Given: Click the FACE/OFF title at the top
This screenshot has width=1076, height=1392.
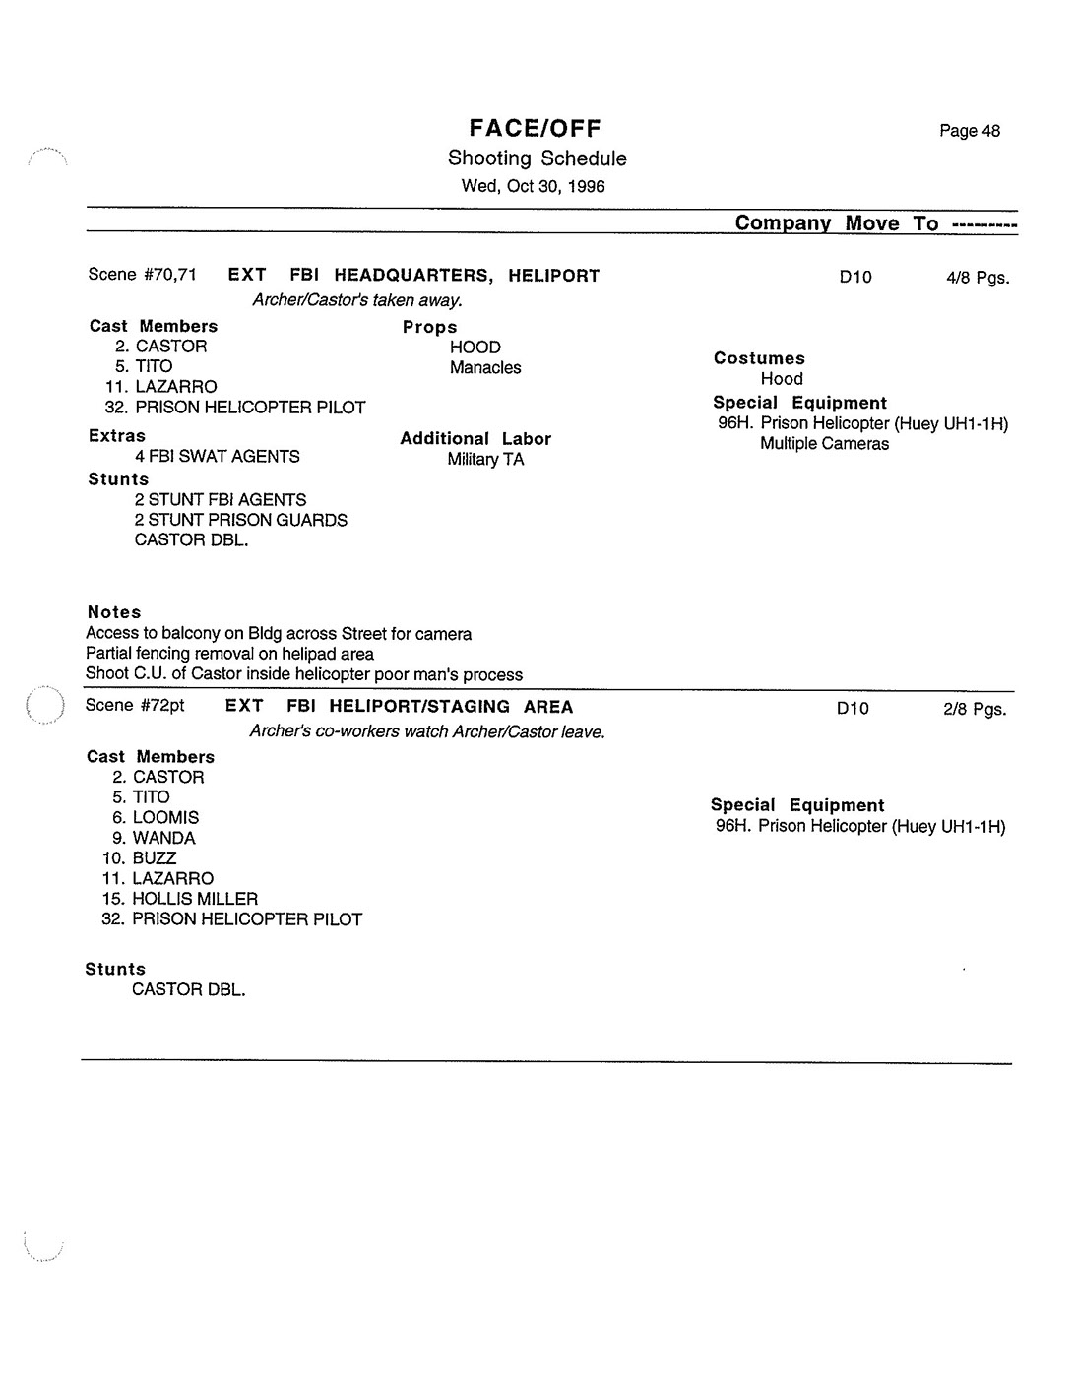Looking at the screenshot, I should pos(535,128).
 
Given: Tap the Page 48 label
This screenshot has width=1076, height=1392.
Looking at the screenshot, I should pos(969,131).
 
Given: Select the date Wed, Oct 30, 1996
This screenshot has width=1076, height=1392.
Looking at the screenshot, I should pos(533,186).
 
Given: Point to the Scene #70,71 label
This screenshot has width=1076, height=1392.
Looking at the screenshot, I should pos(142,275).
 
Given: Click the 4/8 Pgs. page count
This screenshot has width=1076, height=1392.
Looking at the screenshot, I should pos(977,278).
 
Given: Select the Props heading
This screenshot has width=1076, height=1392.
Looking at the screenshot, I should pos(429,327).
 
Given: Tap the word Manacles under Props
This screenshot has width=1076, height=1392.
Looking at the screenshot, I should pos(485,368).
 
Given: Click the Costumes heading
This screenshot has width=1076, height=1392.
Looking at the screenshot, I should pos(759,358).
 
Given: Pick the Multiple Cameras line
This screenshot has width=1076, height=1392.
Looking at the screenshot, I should pos(824,444).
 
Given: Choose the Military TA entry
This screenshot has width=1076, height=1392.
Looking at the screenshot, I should pos(485,460).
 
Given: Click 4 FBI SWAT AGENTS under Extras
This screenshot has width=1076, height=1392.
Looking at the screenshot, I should pos(218,457).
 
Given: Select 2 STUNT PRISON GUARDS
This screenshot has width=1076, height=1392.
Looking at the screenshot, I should pos(241,520).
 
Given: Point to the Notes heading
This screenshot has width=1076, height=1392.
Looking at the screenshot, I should pos(114,612).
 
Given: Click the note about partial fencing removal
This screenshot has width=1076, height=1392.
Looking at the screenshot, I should pos(229,654).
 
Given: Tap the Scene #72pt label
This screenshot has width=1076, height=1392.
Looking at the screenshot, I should pos(135,706).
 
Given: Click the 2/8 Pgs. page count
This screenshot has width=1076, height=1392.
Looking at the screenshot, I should pos(974,709).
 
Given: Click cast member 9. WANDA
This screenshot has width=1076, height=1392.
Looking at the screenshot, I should pos(154,839).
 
